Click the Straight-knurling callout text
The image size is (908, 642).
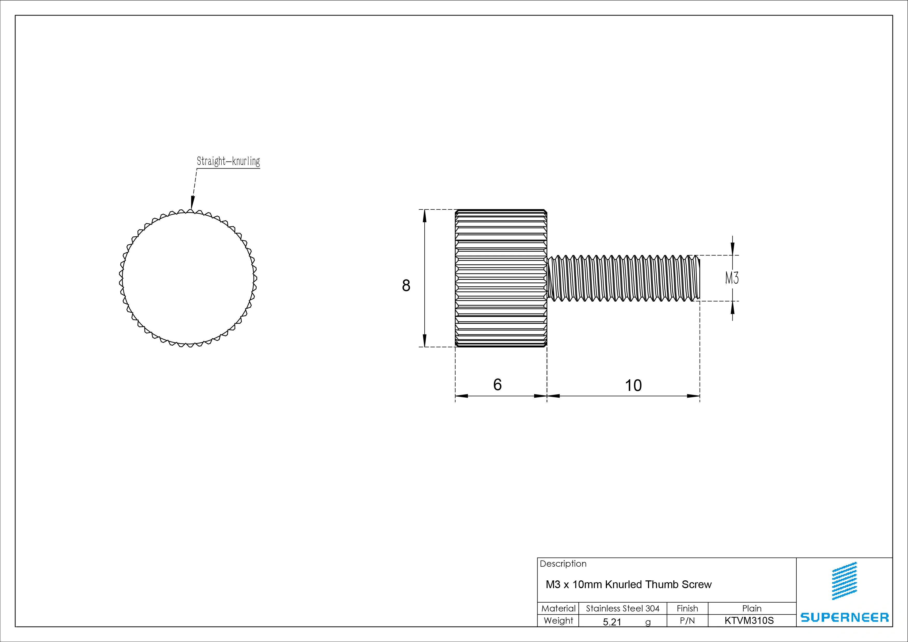[x=228, y=161]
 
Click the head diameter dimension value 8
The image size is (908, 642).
[x=406, y=286]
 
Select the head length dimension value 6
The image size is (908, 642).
[x=498, y=384]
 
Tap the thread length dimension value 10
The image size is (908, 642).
[x=633, y=385]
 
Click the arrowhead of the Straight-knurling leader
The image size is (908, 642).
[x=192, y=203]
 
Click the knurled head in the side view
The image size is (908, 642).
[x=501, y=278]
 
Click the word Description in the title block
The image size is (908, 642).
[x=563, y=564]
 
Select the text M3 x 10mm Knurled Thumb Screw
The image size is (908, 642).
[x=628, y=584]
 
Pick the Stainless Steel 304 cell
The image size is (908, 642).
[x=622, y=608]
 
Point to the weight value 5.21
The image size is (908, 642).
[x=612, y=622]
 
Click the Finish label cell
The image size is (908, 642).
[x=687, y=608]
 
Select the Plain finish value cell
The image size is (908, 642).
[x=752, y=608]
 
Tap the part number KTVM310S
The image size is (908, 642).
[x=749, y=621]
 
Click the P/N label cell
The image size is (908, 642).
[x=687, y=621]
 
